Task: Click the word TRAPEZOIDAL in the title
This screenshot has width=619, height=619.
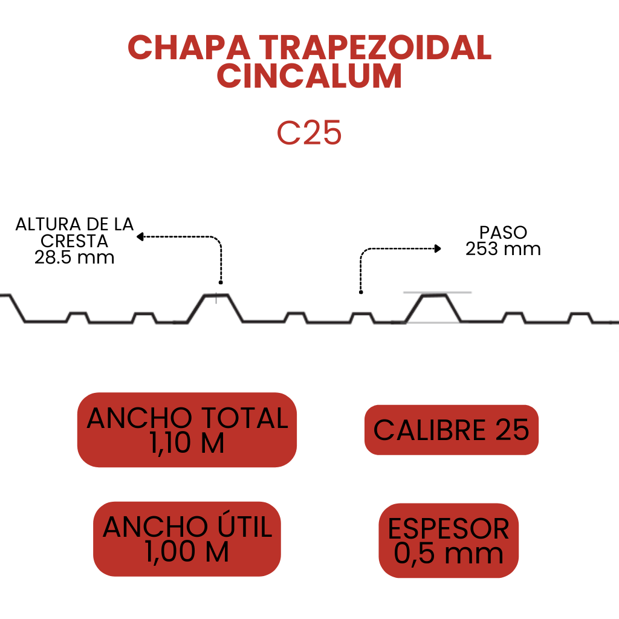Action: coord(375,48)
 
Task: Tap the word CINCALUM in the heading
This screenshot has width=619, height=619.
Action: coord(309,76)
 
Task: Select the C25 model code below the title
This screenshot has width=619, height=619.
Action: coord(309,132)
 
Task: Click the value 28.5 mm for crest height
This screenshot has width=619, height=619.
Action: coord(74,258)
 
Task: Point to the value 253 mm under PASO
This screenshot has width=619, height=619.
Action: coord(503,248)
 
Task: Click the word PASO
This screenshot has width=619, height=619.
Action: coord(504,232)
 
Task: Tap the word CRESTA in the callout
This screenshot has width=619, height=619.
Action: coord(74,241)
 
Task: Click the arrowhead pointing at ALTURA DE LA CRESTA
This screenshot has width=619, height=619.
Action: coord(140,237)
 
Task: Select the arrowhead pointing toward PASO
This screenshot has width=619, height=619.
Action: coord(438,248)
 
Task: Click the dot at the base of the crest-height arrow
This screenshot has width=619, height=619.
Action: coord(221,282)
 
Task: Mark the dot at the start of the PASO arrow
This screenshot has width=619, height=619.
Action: coord(361,292)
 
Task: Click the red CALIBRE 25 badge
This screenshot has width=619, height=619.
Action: coord(451,430)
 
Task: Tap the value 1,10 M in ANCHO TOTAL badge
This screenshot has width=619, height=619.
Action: coord(187,443)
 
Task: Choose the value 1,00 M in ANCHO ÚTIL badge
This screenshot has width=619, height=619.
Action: coord(187,551)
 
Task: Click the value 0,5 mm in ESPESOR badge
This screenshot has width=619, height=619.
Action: coord(449,554)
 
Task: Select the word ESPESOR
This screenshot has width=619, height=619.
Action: coord(449,528)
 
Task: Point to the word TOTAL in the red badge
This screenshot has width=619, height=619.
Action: coord(245,418)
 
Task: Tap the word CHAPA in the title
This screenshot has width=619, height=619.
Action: coord(189,48)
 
